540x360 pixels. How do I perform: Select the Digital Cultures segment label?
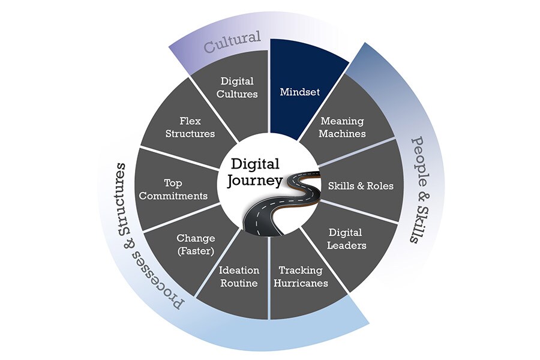click(238, 87)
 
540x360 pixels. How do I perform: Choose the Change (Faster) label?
click(196, 244)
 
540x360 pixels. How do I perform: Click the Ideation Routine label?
click(238, 276)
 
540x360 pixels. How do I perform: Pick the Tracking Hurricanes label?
click(301, 276)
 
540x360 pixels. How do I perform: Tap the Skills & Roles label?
click(361, 185)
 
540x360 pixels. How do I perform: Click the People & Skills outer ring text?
click(423, 188)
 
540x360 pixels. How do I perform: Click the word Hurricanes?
click(301, 283)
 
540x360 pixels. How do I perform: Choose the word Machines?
click(343, 133)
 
